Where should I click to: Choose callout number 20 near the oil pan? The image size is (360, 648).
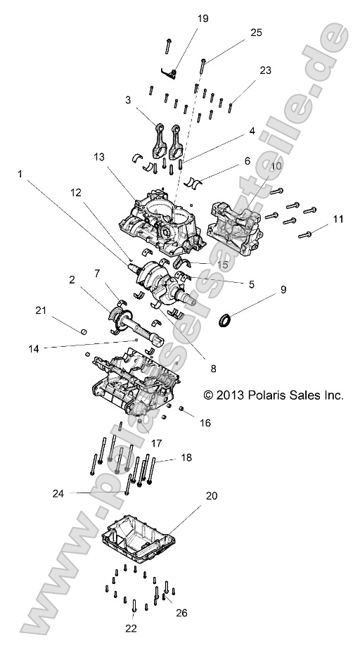tap(212, 495)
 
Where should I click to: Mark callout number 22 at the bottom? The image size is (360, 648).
tap(131, 628)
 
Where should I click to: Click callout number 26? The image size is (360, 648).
tap(181, 613)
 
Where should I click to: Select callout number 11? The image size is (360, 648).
tap(338, 220)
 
